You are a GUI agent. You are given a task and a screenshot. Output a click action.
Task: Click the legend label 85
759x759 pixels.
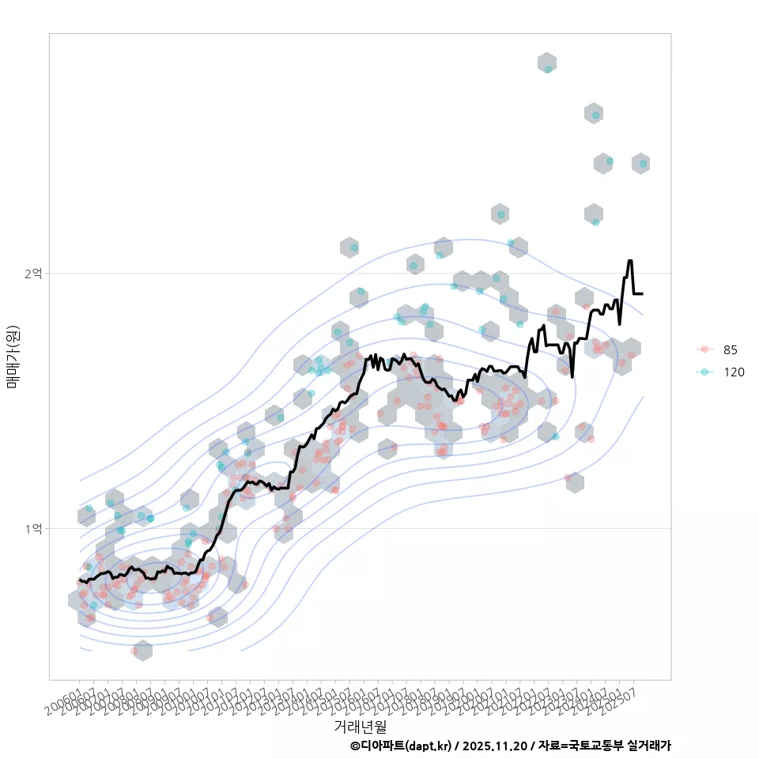click(x=731, y=349)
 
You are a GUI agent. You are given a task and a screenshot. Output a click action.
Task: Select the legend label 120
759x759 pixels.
click(x=734, y=372)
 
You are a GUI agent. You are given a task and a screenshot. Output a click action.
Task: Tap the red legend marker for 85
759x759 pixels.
click(x=704, y=349)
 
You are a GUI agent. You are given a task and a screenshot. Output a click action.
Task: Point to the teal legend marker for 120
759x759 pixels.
click(x=704, y=372)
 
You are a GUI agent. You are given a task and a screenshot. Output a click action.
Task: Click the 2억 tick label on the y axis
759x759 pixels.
click(x=34, y=274)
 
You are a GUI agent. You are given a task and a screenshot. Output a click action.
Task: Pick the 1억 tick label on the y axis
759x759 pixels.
click(x=34, y=528)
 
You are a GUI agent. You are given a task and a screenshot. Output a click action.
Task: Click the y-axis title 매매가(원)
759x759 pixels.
click(x=13, y=357)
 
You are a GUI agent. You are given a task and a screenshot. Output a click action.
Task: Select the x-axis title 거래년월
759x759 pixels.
click(x=360, y=726)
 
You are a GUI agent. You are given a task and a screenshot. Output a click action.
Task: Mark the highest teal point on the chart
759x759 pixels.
click(x=548, y=69)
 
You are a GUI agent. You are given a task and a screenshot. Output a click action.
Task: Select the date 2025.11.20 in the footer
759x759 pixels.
click(x=496, y=746)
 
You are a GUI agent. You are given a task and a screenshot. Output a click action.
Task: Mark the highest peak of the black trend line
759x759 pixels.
click(x=630, y=260)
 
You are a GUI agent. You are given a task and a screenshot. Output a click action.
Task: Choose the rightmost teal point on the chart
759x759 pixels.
click(x=644, y=164)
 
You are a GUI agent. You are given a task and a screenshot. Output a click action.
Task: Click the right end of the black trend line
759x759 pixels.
click(x=643, y=293)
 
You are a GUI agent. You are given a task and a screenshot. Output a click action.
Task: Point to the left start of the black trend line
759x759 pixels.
click(x=80, y=580)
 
